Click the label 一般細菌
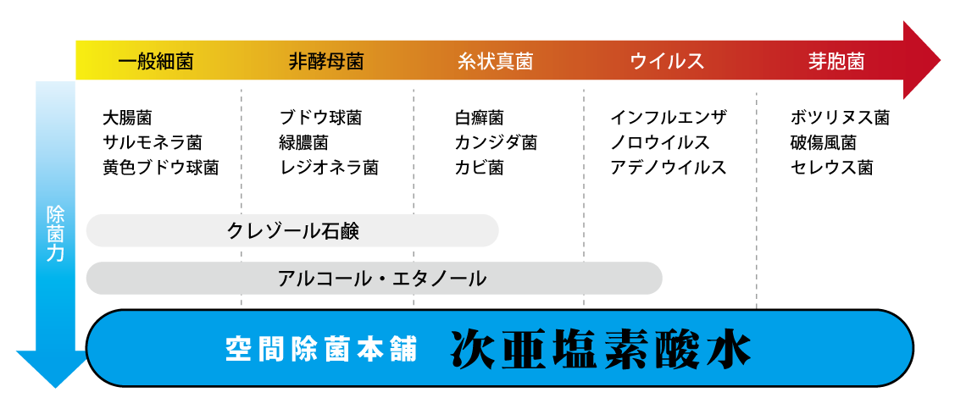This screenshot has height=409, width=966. [155, 62]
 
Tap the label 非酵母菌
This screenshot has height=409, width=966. [326, 62]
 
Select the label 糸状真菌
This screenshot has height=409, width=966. [496, 62]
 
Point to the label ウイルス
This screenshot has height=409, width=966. [667, 62]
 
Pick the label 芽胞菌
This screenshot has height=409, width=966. [836, 62]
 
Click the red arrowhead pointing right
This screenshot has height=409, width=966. [921, 60]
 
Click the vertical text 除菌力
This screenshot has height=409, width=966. [55, 234]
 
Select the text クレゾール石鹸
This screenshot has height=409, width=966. [293, 231]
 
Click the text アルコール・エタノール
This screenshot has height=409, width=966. [381, 279]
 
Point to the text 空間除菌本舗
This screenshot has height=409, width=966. [321, 350]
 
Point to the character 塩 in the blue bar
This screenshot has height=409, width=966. [575, 349]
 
